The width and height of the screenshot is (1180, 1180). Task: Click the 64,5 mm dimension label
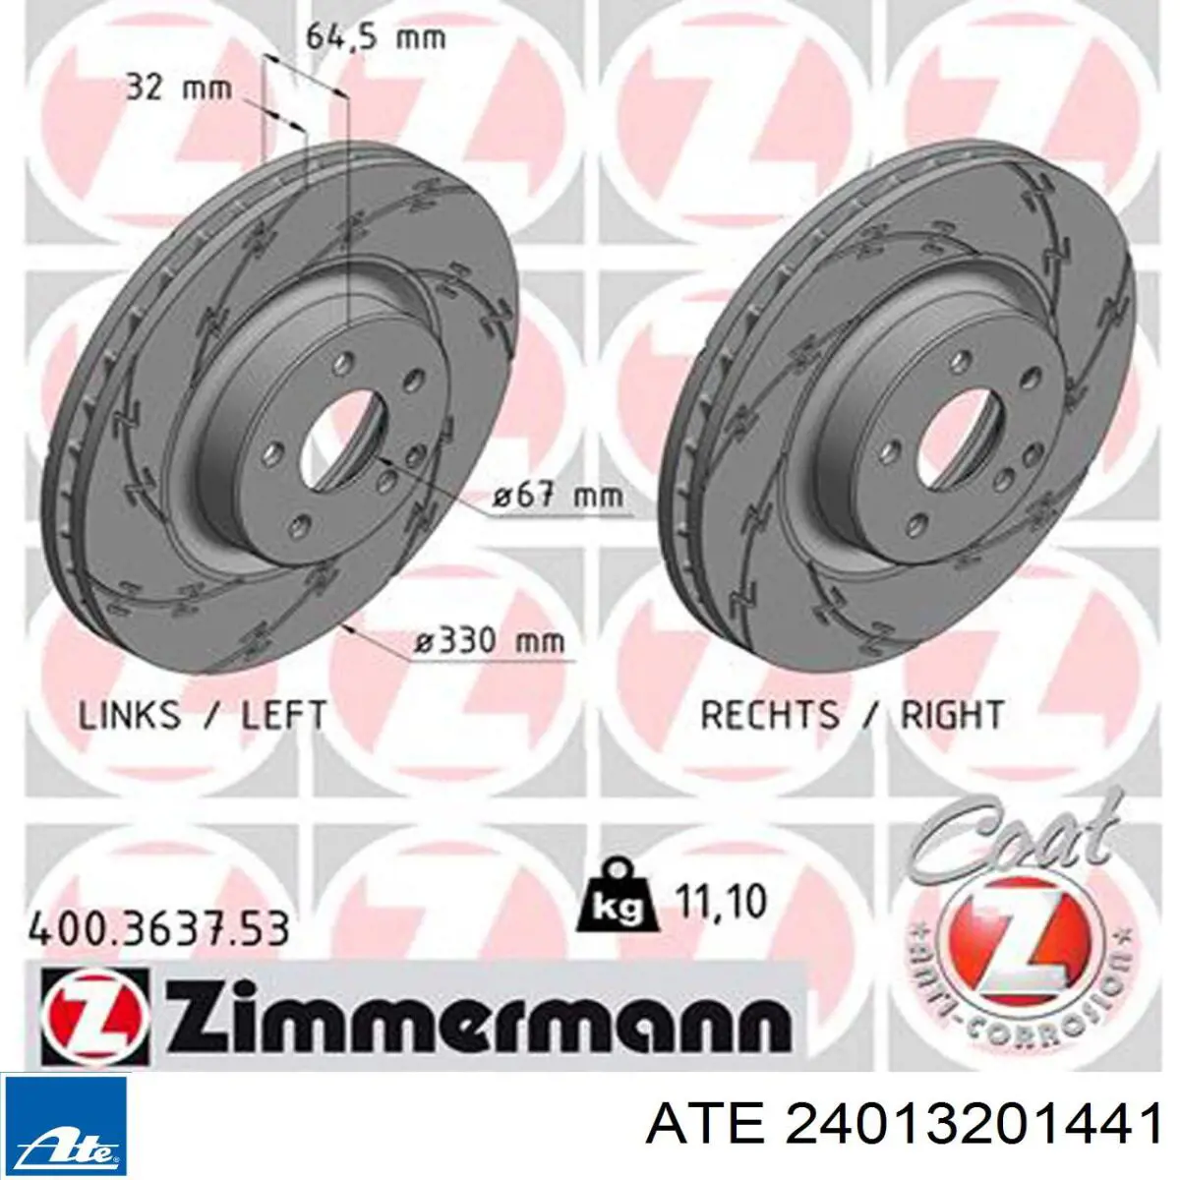point(376,38)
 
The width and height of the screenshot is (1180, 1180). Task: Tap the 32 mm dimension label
point(179,88)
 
